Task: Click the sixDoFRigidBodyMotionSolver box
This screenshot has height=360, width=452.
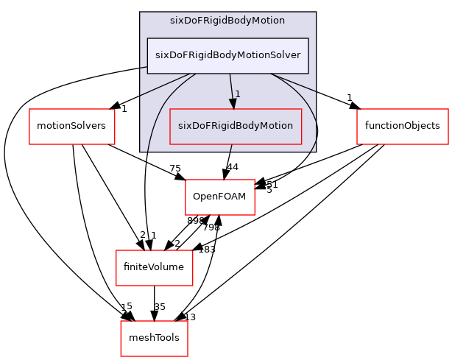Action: pos(227,55)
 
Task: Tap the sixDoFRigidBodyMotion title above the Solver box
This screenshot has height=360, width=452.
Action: pos(227,21)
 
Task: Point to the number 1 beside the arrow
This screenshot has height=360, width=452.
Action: pos(238,93)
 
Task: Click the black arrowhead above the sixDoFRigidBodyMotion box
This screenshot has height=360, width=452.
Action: pos(233,104)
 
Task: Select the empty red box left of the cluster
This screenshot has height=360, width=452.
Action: pos(72,126)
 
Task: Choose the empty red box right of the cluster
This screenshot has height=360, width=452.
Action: pos(402,126)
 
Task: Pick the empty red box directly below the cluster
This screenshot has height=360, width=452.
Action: pos(220,197)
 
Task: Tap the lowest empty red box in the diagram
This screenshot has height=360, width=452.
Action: pos(154,338)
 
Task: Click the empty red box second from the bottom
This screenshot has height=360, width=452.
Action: pos(154,267)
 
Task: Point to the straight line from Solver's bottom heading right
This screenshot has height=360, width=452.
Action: pos(294,82)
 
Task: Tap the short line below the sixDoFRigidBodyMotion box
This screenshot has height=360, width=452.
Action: pos(232,148)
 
